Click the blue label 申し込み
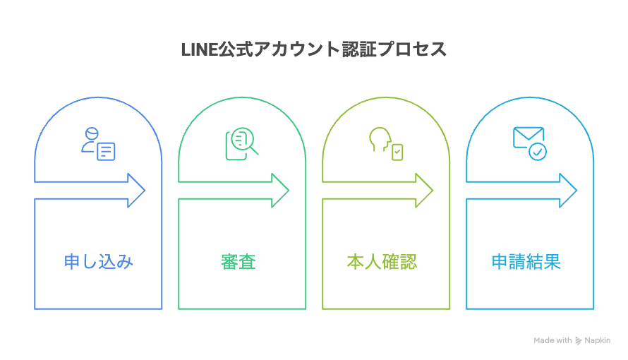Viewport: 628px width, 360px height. pos(98,262)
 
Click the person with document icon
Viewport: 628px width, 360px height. pos(98,143)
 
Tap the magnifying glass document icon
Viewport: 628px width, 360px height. pos(241,142)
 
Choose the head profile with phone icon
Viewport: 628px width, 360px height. pos(385,143)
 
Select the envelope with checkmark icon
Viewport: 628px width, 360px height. pos(529,143)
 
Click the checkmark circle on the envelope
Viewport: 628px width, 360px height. pos(538,150)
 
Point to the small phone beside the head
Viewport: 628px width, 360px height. pos(398,152)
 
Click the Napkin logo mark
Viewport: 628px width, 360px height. pos(579,340)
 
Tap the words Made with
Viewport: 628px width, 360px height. pos(552,340)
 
